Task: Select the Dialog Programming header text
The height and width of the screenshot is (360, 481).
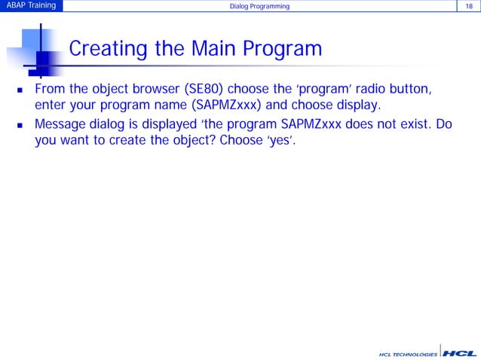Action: tap(259, 8)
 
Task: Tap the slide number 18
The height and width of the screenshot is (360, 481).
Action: tap(469, 7)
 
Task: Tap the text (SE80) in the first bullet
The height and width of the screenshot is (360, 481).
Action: tap(198, 90)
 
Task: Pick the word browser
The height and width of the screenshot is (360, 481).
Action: tap(146, 90)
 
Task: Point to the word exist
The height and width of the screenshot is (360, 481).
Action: tap(407, 124)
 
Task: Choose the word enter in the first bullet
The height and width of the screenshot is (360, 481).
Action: tap(52, 107)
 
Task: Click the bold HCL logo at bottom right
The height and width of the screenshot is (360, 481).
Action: tap(459, 352)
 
